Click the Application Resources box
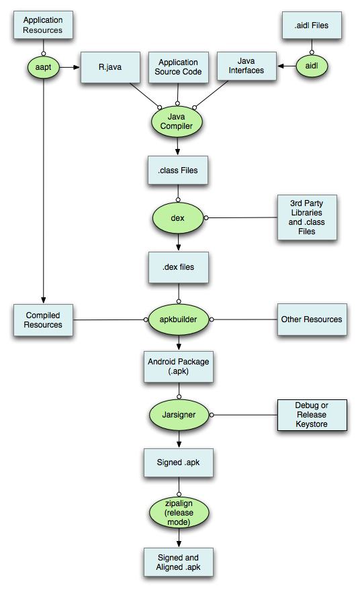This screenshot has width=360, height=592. [43, 26]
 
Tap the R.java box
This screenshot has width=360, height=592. [111, 67]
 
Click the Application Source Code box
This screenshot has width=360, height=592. [178, 67]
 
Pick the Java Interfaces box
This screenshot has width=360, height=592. [245, 66]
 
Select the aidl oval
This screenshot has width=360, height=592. [312, 66]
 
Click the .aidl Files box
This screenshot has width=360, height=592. [312, 26]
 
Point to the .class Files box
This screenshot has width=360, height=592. [178, 170]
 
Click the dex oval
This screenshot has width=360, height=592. [177, 217]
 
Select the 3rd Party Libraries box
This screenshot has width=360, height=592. [307, 217]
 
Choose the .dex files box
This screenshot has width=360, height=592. [178, 266]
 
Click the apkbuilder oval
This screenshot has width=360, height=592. [177, 320]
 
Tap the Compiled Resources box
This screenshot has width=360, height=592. [44, 320]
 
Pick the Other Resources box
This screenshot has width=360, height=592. [312, 319]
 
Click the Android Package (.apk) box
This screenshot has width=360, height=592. [178, 366]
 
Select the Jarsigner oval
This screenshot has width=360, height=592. [177, 415]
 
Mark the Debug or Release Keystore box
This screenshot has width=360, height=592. [312, 415]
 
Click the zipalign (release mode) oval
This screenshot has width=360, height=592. [177, 513]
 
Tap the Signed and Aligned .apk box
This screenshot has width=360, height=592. [178, 562]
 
